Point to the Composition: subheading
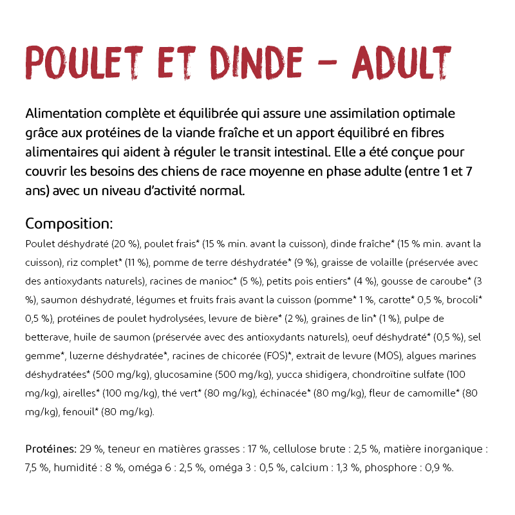coord(69,224)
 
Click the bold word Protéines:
coord(51,449)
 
